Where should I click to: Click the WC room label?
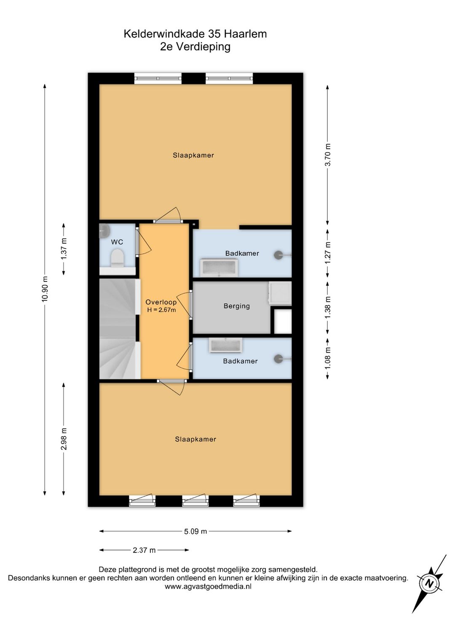[117, 242]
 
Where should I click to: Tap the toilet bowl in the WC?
[117, 258]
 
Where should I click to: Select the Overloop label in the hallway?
[161, 302]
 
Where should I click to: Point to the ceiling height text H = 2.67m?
[161, 310]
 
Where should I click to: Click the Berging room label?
[236, 306]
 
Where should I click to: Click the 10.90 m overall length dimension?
[45, 289]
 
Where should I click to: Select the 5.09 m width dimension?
[195, 531]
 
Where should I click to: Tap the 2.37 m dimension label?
[144, 550]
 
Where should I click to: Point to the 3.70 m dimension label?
[328, 155]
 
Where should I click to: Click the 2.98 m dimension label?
[64, 439]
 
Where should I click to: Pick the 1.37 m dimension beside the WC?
[64, 249]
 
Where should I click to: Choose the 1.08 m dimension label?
[328, 358]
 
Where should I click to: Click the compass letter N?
[429, 584]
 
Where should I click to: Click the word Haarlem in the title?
[246, 34]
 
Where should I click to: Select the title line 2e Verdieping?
[195, 46]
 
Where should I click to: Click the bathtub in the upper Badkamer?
[219, 267]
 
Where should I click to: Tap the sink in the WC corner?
[103, 231]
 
